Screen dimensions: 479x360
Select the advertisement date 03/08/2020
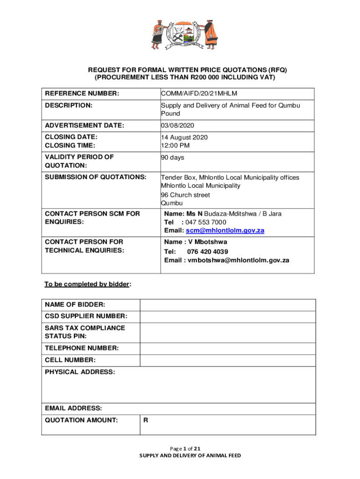coord(177,125)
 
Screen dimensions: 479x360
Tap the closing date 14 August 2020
coord(184,137)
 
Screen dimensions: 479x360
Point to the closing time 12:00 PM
coord(175,145)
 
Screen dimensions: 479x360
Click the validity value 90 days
coord(173,158)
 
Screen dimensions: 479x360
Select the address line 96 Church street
coord(186,195)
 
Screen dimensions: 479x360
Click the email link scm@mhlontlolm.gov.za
coord(225,231)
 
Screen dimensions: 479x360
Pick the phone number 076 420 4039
coord(208,252)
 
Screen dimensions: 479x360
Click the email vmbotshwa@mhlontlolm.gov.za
coord(238,260)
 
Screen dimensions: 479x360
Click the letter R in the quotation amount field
coord(146,420)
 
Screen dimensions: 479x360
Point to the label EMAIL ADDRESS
coord(73,408)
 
